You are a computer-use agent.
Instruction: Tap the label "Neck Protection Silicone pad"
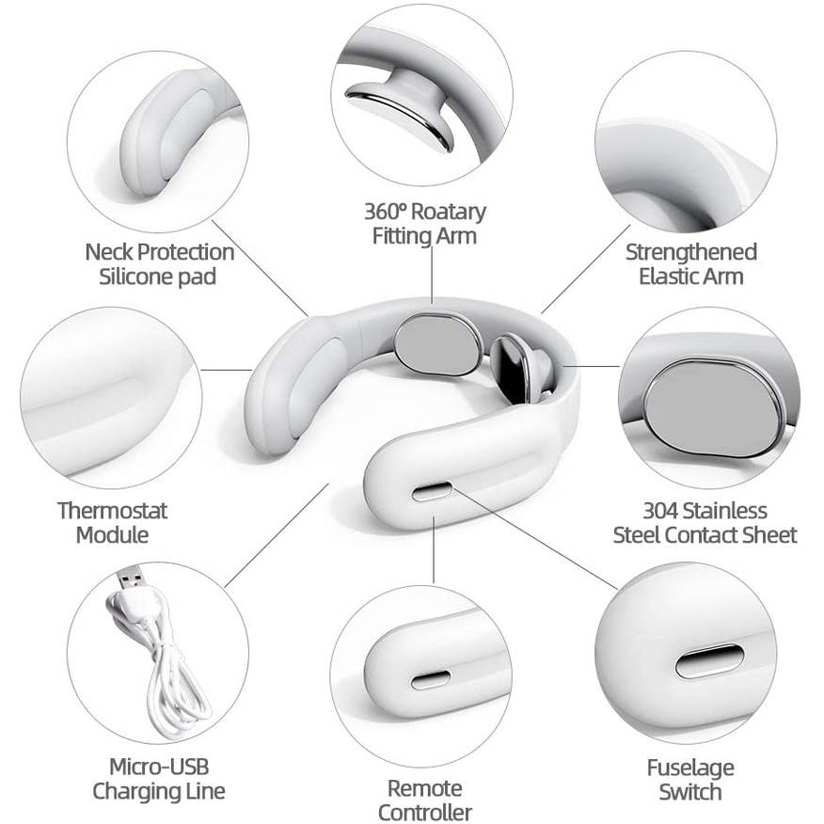pyautogui.click(x=159, y=264)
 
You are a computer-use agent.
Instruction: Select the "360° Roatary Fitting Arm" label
pyautogui.click(x=424, y=223)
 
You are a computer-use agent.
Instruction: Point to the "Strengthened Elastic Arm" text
pyautogui.click(x=690, y=264)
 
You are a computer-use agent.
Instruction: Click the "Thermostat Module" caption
pyautogui.click(x=113, y=523)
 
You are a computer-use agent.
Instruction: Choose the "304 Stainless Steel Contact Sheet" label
pyautogui.click(x=705, y=523)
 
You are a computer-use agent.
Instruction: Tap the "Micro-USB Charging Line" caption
pyautogui.click(x=159, y=779)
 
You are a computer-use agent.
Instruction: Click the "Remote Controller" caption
pyautogui.click(x=424, y=800)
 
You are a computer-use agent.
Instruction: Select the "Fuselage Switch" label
pyautogui.click(x=690, y=780)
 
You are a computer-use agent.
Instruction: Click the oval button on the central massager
pyautogui.click(x=432, y=492)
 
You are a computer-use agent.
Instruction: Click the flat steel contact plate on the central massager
pyautogui.click(x=437, y=344)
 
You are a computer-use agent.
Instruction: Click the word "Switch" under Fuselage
pyautogui.click(x=690, y=792)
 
